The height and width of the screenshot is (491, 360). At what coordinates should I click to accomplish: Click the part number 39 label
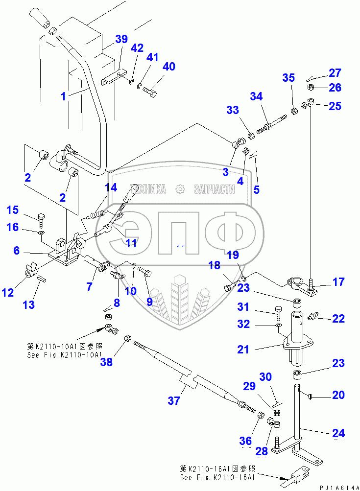click(121, 40)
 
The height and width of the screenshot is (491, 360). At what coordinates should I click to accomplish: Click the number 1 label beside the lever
click(63, 96)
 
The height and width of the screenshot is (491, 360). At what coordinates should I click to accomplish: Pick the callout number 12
click(8, 293)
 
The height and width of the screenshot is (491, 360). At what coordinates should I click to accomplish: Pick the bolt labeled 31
click(278, 311)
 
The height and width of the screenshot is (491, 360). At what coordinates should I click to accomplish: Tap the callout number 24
click(339, 433)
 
